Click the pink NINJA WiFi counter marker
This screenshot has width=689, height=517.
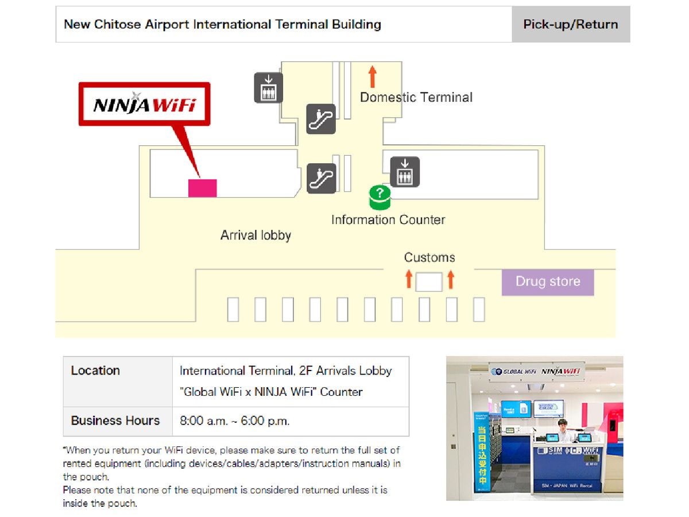tap(202, 188)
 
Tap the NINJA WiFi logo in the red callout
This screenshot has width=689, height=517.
tap(144, 105)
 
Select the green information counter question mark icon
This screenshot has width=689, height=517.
tap(379, 196)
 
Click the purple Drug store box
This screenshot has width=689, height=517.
tap(547, 282)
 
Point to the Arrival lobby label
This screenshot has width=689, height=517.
tap(256, 235)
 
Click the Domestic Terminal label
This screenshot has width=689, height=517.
tap(416, 98)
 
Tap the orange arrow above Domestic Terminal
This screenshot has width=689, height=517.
tap(372, 76)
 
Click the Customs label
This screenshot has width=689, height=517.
tap(429, 257)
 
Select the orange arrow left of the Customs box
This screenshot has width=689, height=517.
tap(409, 280)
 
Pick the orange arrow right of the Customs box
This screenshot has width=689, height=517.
tap(451, 280)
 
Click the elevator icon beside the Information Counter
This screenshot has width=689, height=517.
tap(405, 172)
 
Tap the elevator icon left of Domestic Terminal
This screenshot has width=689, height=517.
tap(268, 88)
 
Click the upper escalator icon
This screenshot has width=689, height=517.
tap(320, 119)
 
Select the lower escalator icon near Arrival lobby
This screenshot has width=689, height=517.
tap(320, 178)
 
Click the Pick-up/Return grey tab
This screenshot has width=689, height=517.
tap(570, 25)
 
